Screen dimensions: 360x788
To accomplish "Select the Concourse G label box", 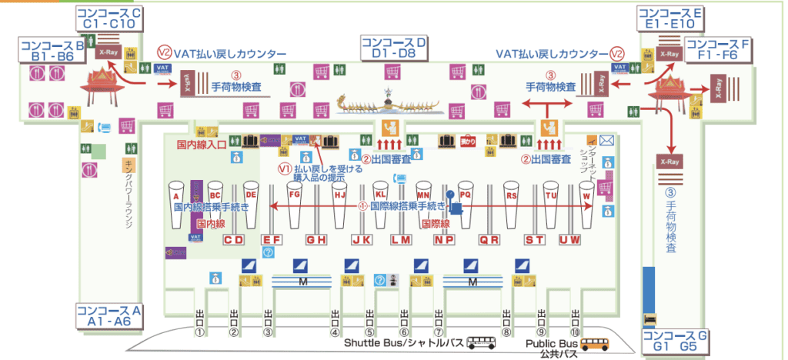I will pyautogui.click(x=674, y=339).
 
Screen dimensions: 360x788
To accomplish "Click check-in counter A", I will pyautogui.click(x=176, y=203).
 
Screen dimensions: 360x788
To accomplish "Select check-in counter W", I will pyautogui.click(x=587, y=204).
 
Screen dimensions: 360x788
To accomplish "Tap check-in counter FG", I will pyautogui.click(x=294, y=204).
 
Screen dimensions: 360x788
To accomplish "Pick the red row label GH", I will pyautogui.click(x=316, y=240).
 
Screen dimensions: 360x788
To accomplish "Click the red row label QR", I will pyautogui.click(x=489, y=240).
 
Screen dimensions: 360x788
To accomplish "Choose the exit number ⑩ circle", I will pyautogui.click(x=575, y=332).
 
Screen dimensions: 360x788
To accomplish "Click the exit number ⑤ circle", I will pyautogui.click(x=370, y=332).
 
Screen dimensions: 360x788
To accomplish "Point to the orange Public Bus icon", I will pyautogui.click(x=594, y=343).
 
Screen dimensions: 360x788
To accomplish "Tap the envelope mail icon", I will pyautogui.click(x=606, y=140).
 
